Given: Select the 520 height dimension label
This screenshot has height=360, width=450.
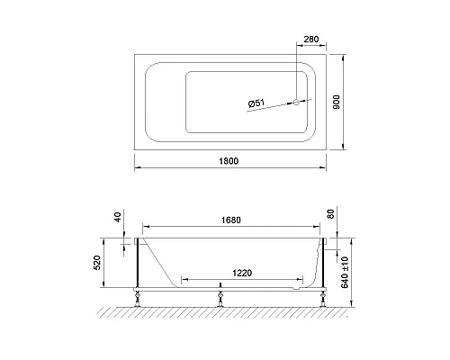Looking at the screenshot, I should click(109, 265).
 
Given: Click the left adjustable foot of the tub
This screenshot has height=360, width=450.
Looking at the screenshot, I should click(137, 294).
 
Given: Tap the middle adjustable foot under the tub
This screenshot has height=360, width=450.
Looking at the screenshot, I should click(220, 294).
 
